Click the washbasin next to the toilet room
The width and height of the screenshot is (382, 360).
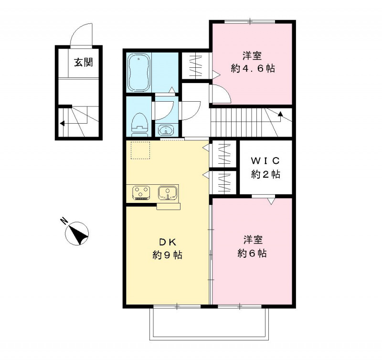(165, 129)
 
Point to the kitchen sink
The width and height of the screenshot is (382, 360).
(168, 192)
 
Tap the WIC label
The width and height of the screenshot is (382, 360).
(265, 159)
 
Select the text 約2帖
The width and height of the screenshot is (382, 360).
(265, 174)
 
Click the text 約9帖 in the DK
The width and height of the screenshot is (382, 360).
(167, 255)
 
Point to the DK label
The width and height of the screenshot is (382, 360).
(167, 241)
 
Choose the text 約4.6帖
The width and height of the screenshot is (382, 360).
(252, 68)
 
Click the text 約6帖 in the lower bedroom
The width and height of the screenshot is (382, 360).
(252, 253)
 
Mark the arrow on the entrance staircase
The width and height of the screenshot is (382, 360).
(62, 123)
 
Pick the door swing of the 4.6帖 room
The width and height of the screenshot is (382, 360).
(221, 93)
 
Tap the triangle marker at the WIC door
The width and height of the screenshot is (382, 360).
(271, 201)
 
